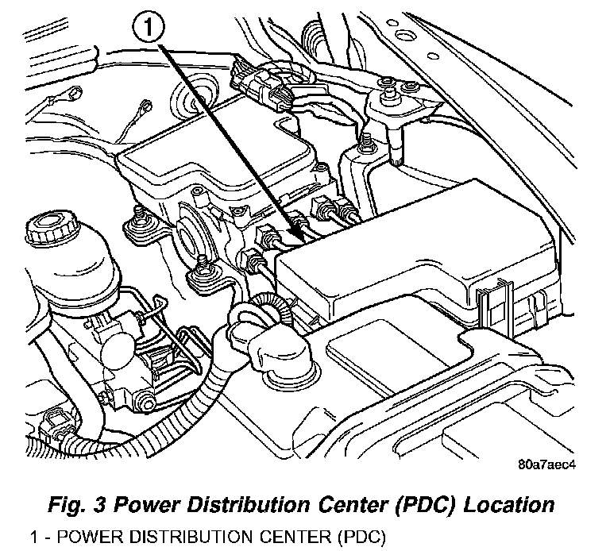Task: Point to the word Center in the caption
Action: pyautogui.click(x=331, y=503)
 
